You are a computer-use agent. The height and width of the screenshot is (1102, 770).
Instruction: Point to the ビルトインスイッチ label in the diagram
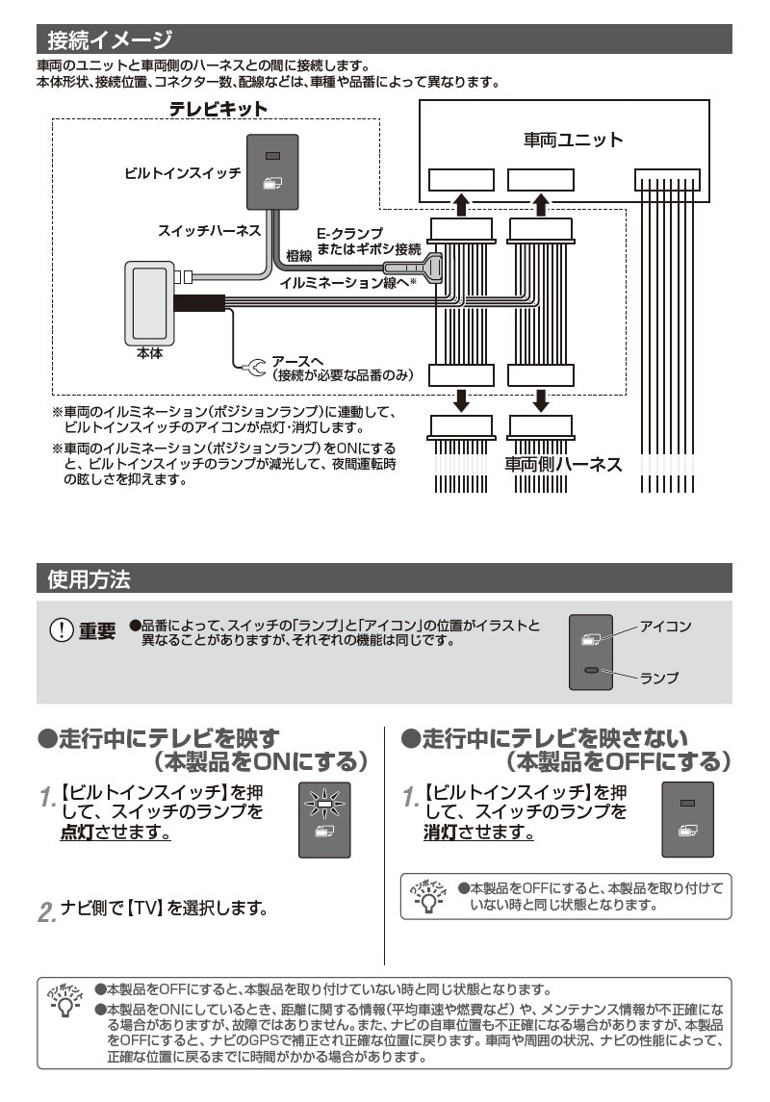(182, 173)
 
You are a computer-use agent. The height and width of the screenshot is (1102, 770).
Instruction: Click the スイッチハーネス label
(209, 231)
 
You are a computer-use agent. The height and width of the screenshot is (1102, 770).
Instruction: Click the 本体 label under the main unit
(150, 353)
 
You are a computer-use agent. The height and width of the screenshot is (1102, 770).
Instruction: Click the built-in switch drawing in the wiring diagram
(272, 170)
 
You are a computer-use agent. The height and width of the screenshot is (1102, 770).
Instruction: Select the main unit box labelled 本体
(149, 302)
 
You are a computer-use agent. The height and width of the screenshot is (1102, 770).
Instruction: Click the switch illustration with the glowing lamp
(324, 819)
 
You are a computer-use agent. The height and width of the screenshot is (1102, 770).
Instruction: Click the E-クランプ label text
(349, 234)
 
